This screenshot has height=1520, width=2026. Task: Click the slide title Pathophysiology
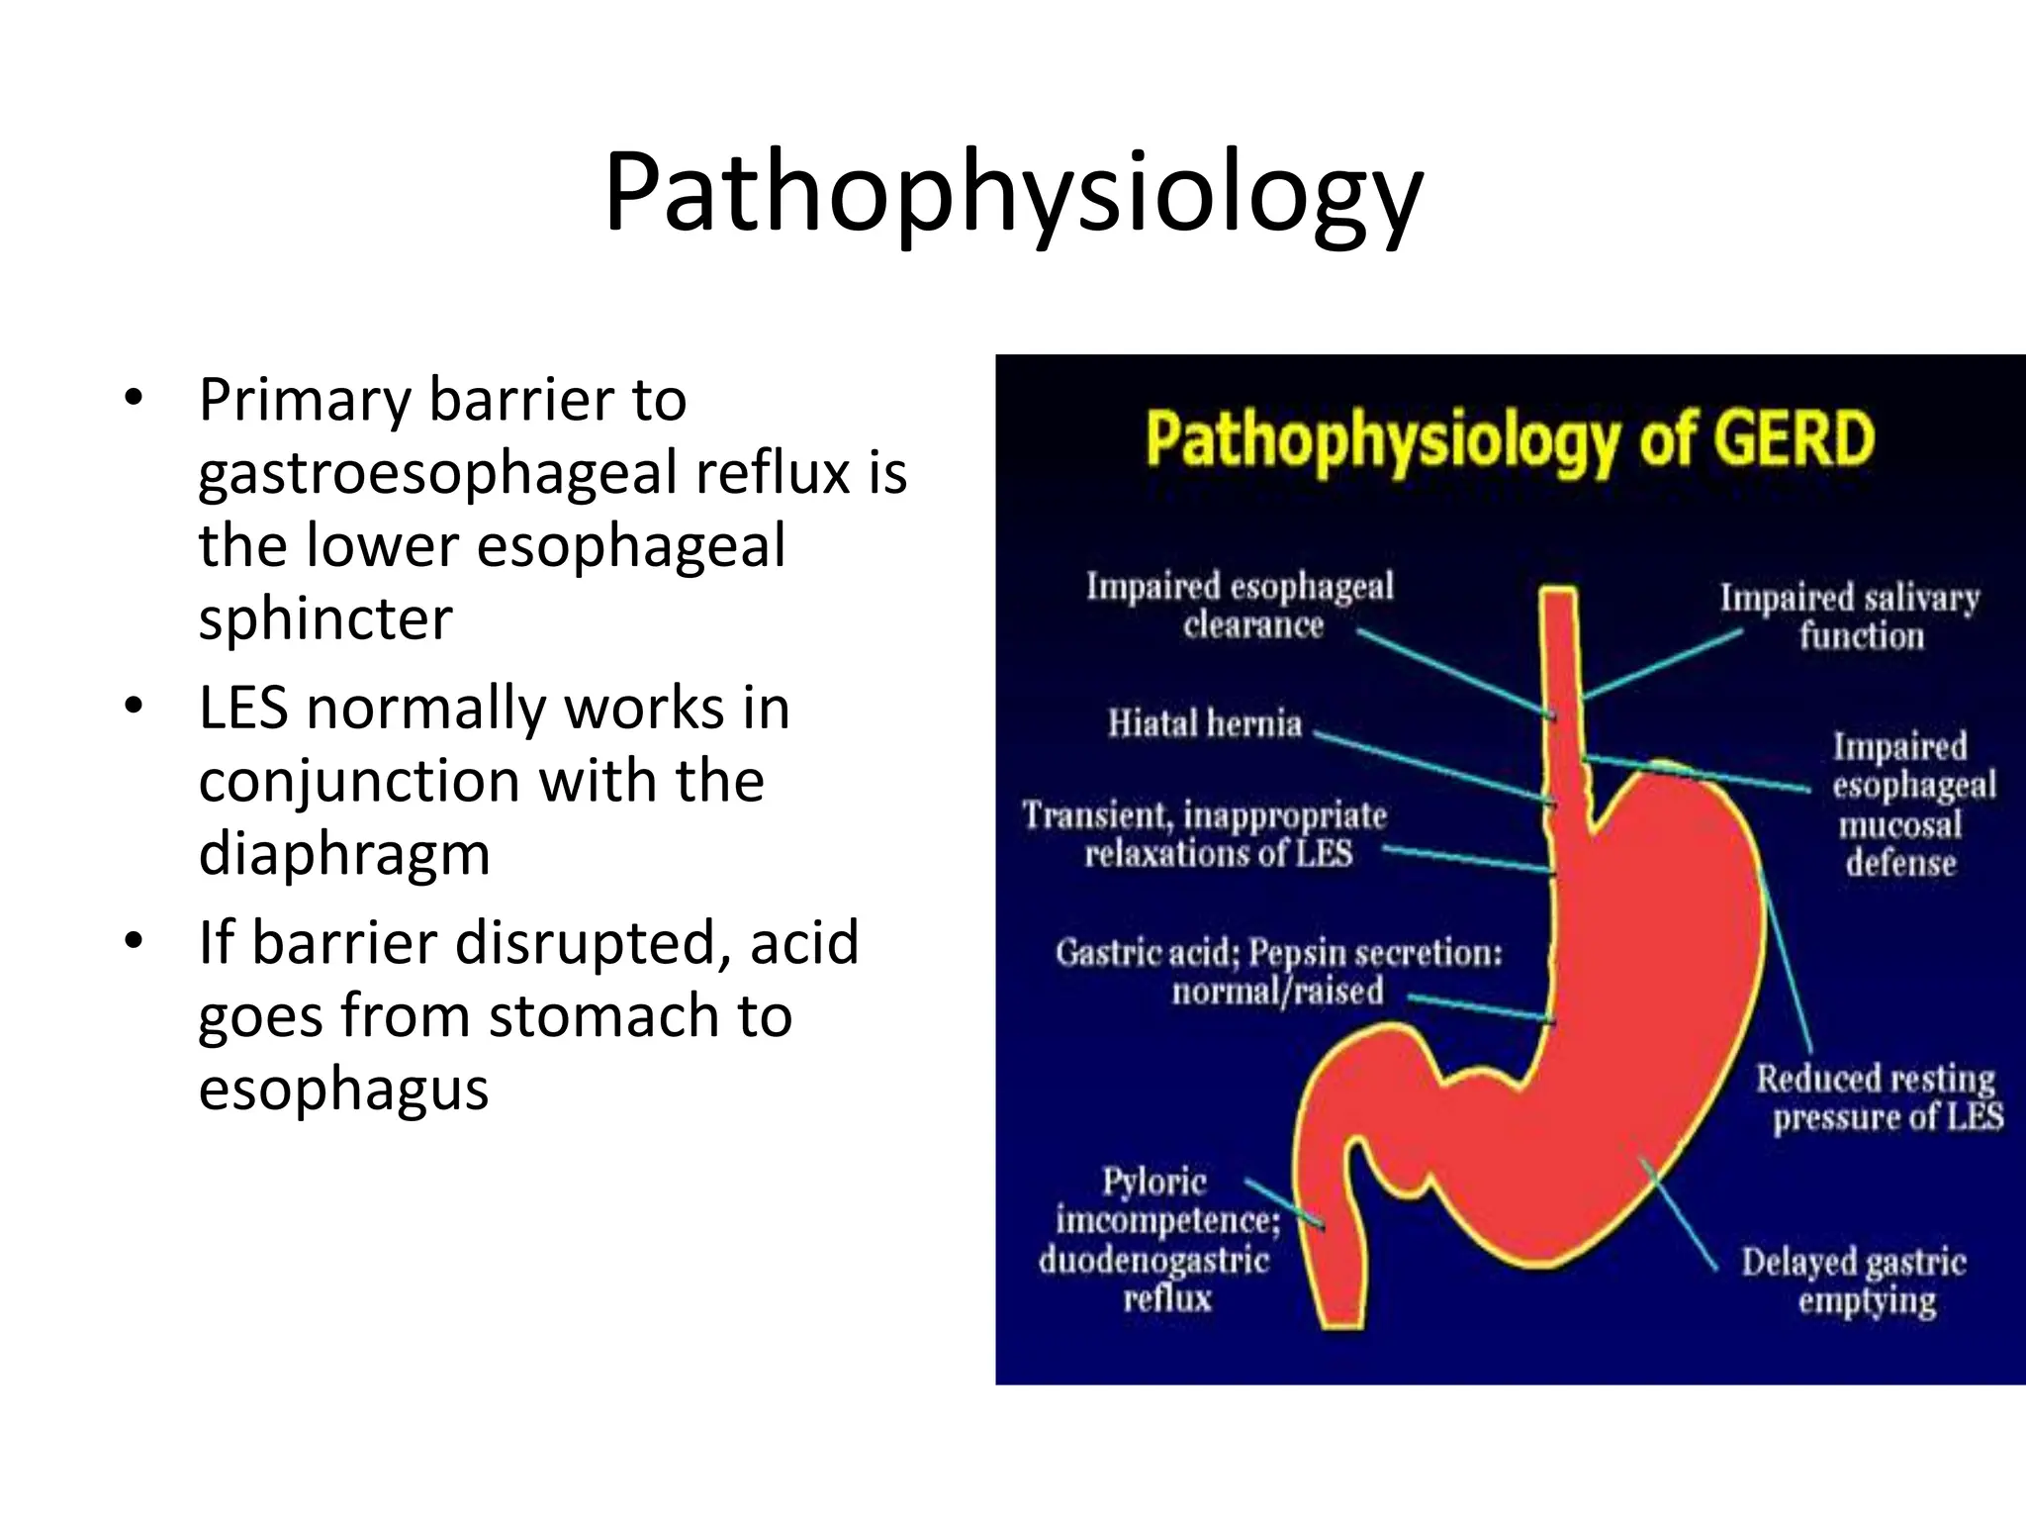[x=1012, y=193]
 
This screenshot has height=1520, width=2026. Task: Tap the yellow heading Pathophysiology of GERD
[x=1510, y=439]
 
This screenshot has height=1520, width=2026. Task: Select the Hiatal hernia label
[x=1204, y=723]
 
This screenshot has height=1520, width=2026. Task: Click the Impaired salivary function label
[x=1850, y=617]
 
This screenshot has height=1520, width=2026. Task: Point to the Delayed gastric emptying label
[x=1854, y=1282]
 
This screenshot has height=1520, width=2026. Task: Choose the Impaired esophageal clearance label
[x=1240, y=605]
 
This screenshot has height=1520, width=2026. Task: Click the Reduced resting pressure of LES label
[x=1880, y=1097]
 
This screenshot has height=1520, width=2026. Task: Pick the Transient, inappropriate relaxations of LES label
[x=1206, y=834]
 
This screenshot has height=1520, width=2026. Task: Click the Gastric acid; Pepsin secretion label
[x=1278, y=971]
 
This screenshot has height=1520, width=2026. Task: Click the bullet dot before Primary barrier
[x=134, y=400]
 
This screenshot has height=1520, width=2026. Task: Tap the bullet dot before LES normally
[x=134, y=708]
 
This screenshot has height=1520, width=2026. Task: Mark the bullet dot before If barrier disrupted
[x=134, y=941]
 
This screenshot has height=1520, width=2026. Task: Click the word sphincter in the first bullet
[x=325, y=618]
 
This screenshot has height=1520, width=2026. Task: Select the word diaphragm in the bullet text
[x=344, y=853]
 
